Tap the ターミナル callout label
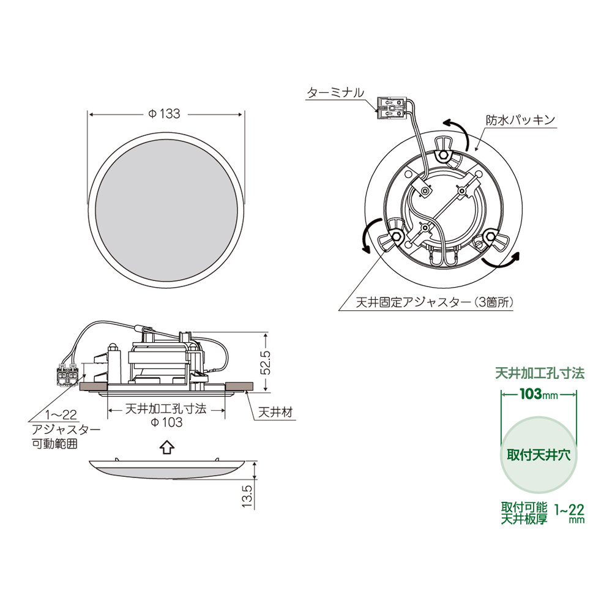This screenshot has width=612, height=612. (335, 93)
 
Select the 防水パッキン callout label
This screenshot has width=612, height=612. (520, 120)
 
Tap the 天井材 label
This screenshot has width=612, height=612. (274, 412)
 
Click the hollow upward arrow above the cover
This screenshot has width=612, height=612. (165, 449)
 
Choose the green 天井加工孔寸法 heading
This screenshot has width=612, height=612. (539, 373)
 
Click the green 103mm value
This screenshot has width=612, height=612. (539, 395)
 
